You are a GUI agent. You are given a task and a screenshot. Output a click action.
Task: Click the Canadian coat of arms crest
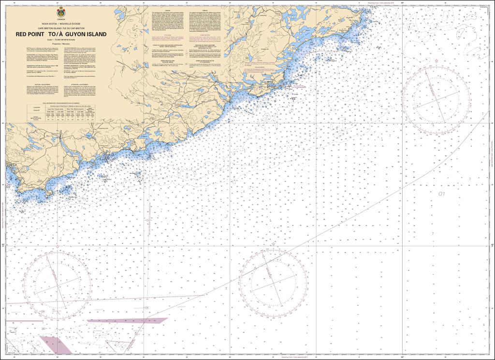(x=61, y=13)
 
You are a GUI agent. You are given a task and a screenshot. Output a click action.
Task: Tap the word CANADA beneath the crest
(x=61, y=19)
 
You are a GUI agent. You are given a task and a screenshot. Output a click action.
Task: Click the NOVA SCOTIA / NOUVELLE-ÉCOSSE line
(x=61, y=23)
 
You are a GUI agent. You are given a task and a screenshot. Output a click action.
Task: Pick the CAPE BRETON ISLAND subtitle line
(x=61, y=28)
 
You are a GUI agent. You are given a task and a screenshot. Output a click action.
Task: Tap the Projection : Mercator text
(x=61, y=44)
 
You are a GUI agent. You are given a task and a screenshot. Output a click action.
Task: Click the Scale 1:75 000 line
(x=61, y=40)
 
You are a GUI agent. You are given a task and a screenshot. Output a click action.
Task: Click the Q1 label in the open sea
(x=440, y=194)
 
